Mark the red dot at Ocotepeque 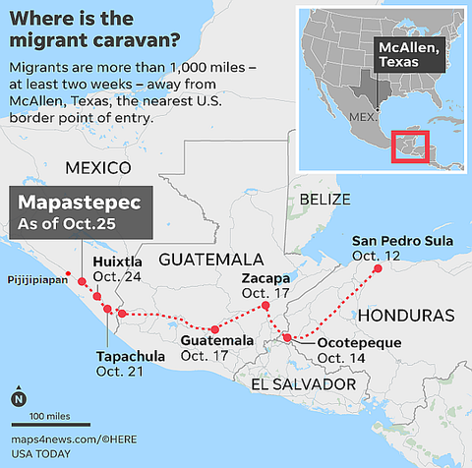286,337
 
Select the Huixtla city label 117,263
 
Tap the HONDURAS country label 406,316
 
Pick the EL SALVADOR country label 302,384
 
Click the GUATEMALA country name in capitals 211,260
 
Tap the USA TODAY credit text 42,453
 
